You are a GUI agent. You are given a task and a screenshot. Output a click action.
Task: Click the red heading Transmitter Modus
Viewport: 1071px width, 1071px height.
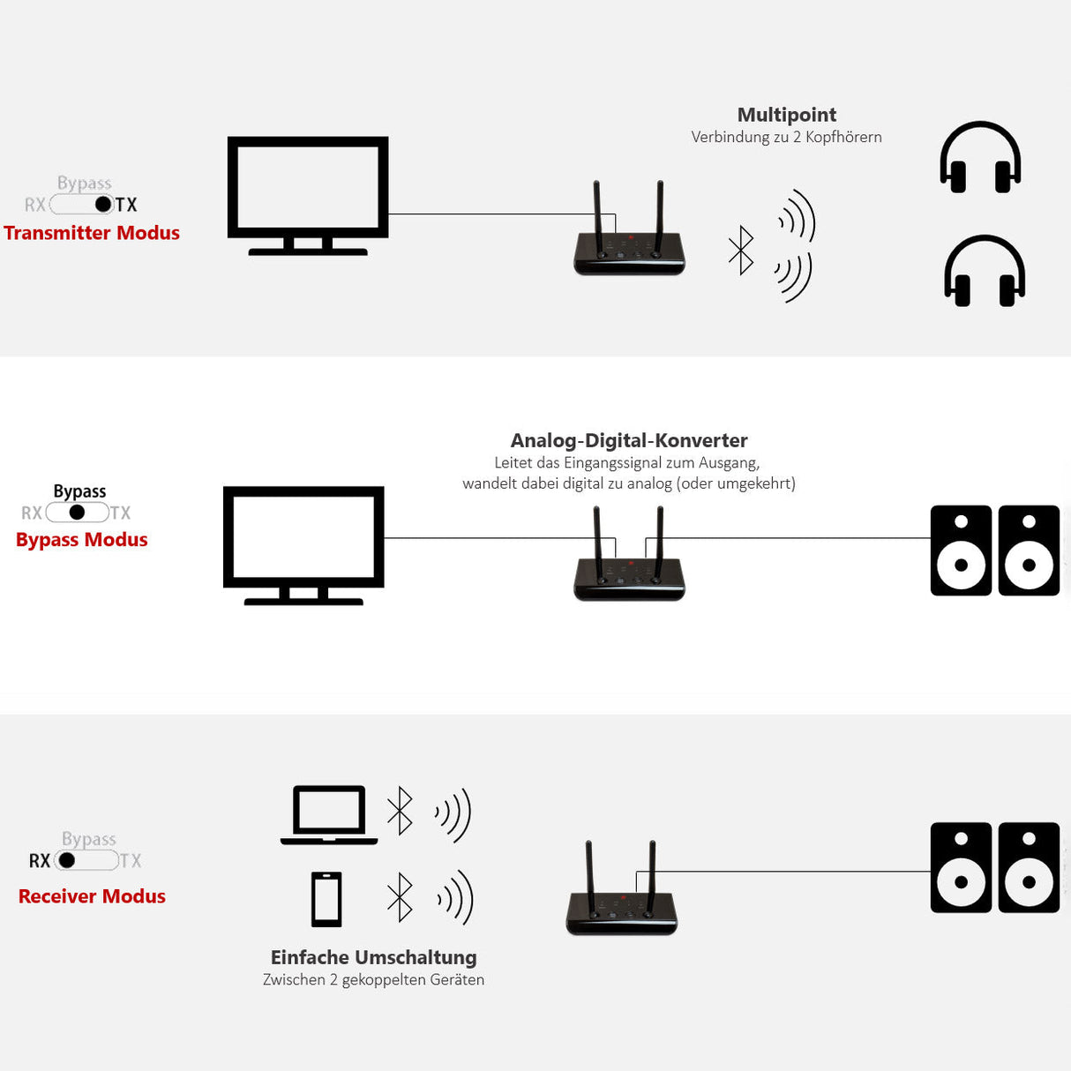pos(92,233)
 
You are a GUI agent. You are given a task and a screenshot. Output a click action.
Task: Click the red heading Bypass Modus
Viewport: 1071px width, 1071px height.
pos(82,540)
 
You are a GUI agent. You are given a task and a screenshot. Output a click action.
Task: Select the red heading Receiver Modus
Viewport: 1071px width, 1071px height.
pos(92,896)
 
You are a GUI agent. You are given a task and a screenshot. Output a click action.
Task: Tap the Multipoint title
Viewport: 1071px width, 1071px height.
pos(786,115)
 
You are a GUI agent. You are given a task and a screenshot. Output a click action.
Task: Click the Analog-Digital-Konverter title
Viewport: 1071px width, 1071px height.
pos(629,440)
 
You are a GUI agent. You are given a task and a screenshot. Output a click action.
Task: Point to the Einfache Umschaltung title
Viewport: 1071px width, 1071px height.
pos(373,957)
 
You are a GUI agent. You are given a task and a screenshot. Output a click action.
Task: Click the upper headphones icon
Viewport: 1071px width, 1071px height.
pos(980,158)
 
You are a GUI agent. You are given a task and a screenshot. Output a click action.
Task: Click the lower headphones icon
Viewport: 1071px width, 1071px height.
pos(985,272)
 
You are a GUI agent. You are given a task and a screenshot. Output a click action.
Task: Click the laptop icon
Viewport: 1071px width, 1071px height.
pos(329,814)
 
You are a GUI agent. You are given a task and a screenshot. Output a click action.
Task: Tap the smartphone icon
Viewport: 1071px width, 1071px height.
pos(326,899)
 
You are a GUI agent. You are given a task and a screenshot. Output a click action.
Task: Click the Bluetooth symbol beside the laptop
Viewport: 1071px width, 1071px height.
pos(401,811)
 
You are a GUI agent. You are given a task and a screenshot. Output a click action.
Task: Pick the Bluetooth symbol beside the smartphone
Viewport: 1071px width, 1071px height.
pos(401,897)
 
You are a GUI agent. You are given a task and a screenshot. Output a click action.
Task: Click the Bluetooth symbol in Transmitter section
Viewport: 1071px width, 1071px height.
pos(741,251)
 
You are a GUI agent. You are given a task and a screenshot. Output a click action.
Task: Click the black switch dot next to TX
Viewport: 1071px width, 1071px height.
pos(103,205)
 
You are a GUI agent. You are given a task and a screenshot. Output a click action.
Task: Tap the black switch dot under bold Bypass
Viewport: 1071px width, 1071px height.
pos(77,513)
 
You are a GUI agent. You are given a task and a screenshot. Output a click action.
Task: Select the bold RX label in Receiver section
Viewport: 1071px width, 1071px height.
pos(40,861)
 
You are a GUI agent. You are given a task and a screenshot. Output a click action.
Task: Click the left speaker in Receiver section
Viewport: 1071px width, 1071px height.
pos(961,868)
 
